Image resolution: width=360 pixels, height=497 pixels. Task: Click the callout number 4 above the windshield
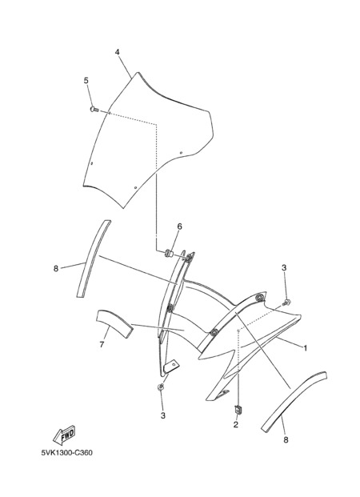pyautogui.click(x=118, y=52)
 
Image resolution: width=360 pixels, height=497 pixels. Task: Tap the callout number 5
pyautogui.click(x=86, y=81)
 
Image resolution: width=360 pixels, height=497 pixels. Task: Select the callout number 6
pyautogui.click(x=180, y=226)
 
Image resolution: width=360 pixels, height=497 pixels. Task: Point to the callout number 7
pyautogui.click(x=102, y=344)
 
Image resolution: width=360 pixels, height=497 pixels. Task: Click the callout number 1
pyautogui.click(x=306, y=348)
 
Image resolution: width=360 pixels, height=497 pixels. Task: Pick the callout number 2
pyautogui.click(x=235, y=425)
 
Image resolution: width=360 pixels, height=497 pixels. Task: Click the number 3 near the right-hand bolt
pyautogui.click(x=284, y=268)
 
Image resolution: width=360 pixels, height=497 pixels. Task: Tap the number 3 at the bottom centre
pyautogui.click(x=163, y=415)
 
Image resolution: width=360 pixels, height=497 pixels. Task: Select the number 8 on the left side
pyautogui.click(x=56, y=268)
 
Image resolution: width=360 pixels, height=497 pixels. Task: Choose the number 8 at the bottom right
pyautogui.click(x=286, y=440)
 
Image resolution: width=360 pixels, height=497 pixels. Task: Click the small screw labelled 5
pyautogui.click(x=94, y=110)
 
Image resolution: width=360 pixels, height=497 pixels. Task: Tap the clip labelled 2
pyautogui.click(x=238, y=410)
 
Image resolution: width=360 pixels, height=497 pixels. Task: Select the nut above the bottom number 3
pyautogui.click(x=161, y=387)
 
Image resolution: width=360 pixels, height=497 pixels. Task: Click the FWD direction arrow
pyautogui.click(x=64, y=435)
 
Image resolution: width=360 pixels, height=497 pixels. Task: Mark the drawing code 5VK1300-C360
pyautogui.click(x=67, y=452)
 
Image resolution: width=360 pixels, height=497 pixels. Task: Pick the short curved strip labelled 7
pyautogui.click(x=114, y=323)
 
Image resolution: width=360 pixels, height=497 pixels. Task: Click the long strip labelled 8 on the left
pyautogui.click(x=94, y=259)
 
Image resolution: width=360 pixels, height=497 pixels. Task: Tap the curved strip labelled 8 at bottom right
pyautogui.click(x=294, y=400)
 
